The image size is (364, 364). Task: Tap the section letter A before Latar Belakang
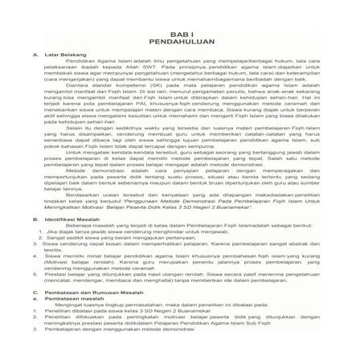(x=30, y=55)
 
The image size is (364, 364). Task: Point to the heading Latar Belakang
(x=60, y=55)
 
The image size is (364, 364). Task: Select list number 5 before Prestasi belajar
(x=30, y=274)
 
